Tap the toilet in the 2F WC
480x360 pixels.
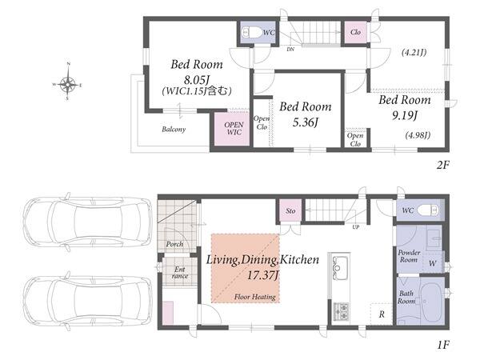(252, 32)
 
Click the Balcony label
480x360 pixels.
(174, 129)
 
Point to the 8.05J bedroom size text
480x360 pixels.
(197, 80)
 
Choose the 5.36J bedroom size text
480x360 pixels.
(306, 122)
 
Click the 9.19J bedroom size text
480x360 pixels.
(405, 115)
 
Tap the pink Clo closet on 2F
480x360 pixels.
(355, 32)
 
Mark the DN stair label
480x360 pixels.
(290, 49)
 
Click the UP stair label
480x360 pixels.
(355, 227)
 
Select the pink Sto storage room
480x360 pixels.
(290, 210)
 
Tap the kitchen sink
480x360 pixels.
(340, 267)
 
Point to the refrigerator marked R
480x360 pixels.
(382, 314)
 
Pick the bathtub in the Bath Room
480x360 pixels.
(431, 302)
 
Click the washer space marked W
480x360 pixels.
(433, 263)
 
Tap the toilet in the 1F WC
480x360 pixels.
(428, 210)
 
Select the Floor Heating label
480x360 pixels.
(255, 297)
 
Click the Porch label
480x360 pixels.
(174, 244)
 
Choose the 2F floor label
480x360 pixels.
(442, 165)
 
